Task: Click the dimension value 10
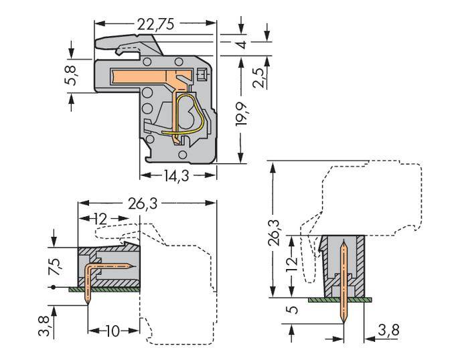click(112, 331)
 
